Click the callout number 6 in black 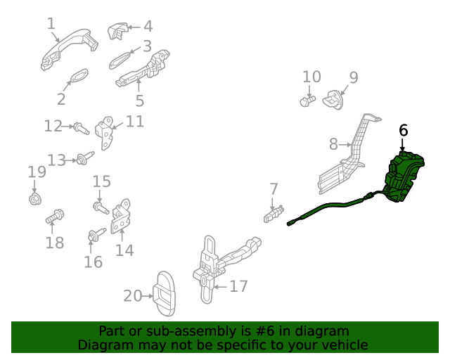coord(403,130)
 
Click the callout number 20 coord(133,296)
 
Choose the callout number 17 coord(239,286)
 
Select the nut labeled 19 coord(34,199)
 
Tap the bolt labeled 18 coord(55,218)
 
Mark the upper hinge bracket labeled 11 coord(105,131)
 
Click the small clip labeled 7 coord(274,213)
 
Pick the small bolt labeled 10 coord(306,101)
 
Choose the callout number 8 coord(333,145)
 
